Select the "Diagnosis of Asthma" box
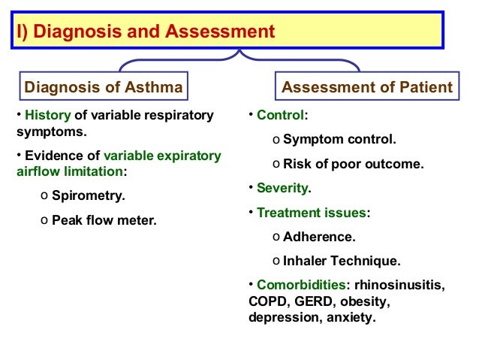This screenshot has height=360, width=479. [x=104, y=87]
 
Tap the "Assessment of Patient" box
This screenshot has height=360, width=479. [x=366, y=87]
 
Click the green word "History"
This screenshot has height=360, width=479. [x=48, y=116]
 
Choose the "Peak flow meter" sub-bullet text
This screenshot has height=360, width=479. [x=104, y=222]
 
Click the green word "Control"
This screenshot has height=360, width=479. [x=280, y=116]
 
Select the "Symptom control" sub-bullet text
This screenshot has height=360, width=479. [x=339, y=139]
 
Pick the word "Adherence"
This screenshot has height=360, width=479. [x=319, y=237]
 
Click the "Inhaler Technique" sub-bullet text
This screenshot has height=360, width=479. [x=342, y=261]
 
